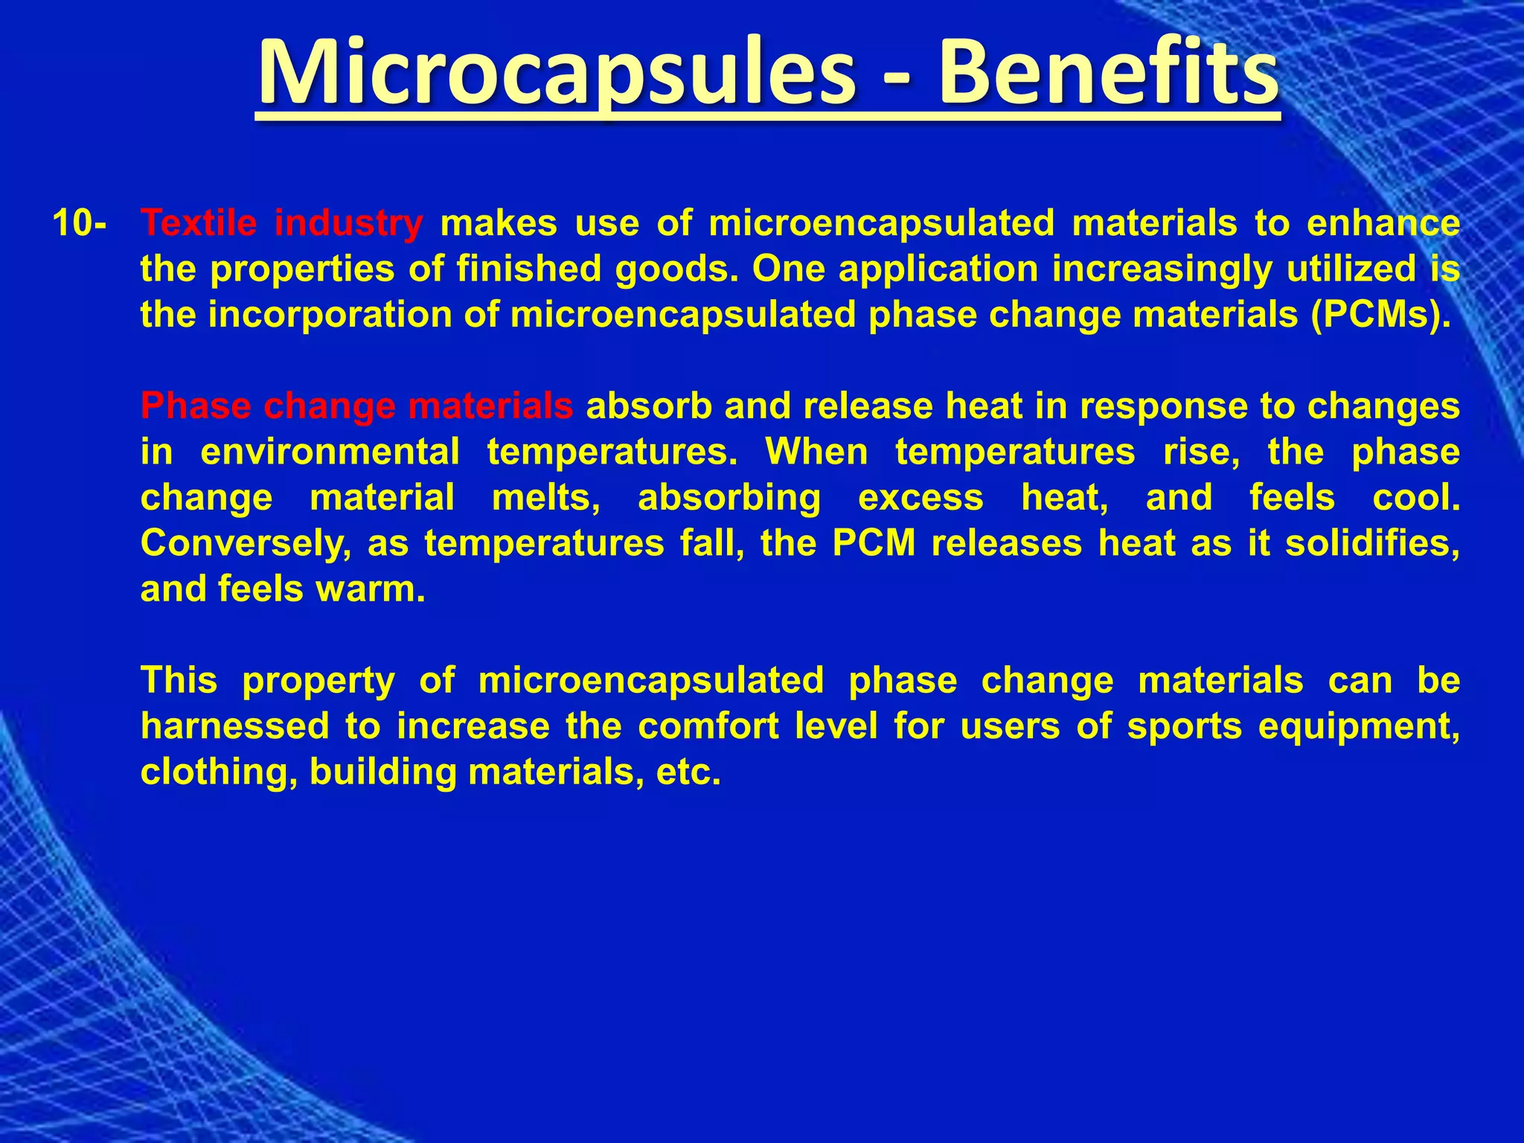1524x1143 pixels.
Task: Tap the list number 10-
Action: pos(79,223)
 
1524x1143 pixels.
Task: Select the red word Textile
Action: pos(199,223)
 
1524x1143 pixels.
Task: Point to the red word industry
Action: pos(348,223)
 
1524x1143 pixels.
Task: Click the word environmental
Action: pos(330,452)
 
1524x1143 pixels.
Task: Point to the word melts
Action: pos(546,498)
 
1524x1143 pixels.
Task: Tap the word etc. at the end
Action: pos(689,772)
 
